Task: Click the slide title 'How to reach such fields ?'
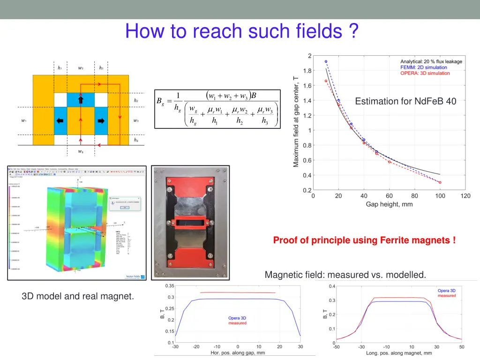tap(242, 31)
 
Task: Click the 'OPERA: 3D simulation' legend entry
tap(425, 73)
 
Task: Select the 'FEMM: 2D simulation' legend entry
tap(424, 67)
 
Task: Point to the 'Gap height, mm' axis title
tap(389, 204)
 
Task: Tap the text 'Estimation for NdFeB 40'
tap(405, 101)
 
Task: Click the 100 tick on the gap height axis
tap(440, 196)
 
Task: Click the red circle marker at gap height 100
tap(440, 182)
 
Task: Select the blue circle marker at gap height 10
tap(326, 61)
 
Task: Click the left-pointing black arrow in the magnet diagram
tap(60, 120)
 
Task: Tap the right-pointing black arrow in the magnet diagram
tap(101, 120)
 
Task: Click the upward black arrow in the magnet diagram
tap(81, 100)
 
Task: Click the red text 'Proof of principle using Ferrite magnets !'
tap(364, 240)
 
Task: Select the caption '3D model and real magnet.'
tap(78, 296)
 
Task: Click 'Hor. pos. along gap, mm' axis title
tap(237, 353)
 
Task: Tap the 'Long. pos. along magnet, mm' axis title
tap(399, 353)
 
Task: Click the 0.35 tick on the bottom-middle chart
tap(170, 286)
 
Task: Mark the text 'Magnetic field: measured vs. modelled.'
tap(345, 275)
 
